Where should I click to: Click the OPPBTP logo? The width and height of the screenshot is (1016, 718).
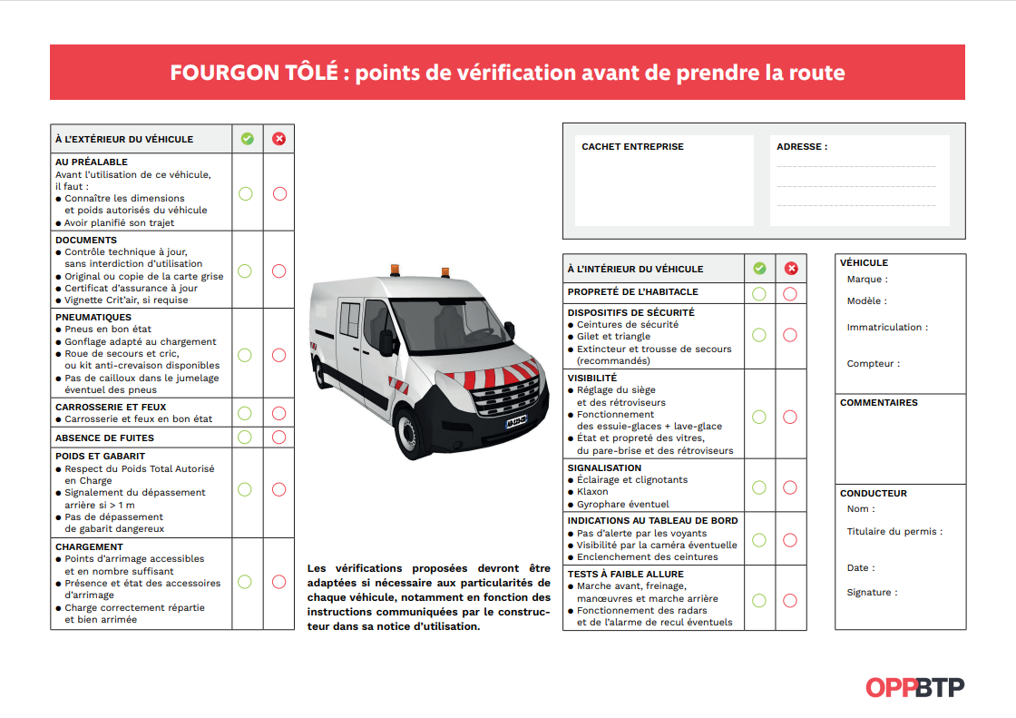[x=914, y=687]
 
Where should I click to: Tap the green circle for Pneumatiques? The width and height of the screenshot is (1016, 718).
[x=245, y=355]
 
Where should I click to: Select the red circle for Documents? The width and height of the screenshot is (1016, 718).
[x=278, y=270]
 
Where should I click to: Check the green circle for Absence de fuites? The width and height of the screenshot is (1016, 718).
[x=245, y=438]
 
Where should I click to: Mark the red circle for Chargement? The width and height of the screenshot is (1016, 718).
[x=278, y=582]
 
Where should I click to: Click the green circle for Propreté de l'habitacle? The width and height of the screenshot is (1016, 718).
[x=759, y=293]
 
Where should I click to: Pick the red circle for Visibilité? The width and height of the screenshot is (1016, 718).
[x=790, y=417]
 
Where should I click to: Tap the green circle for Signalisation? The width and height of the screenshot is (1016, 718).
[x=759, y=487]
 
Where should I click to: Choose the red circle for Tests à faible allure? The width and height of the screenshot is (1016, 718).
[x=790, y=600]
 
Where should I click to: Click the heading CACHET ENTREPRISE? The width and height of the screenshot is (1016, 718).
[x=632, y=147]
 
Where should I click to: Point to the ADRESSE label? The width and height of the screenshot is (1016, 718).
[x=802, y=147]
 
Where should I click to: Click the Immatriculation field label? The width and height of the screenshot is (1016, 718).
[x=887, y=328]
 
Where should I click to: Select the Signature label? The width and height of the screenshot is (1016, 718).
[x=872, y=593]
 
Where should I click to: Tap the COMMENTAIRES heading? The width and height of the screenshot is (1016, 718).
[x=879, y=403]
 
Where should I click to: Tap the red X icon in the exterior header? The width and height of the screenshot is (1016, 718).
[x=278, y=139]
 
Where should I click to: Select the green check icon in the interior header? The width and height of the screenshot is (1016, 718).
[x=759, y=269]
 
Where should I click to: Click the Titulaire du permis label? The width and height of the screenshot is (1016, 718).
[x=894, y=532]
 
